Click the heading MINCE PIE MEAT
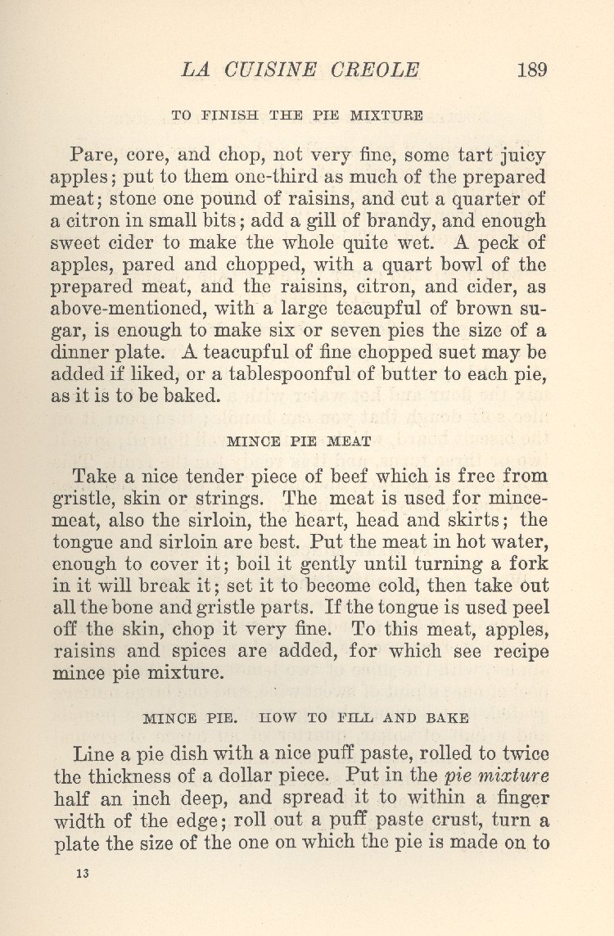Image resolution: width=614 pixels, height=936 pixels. coord(299,441)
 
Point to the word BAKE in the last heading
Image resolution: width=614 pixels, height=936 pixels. coord(447,718)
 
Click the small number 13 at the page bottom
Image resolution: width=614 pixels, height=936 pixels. coord(81,874)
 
